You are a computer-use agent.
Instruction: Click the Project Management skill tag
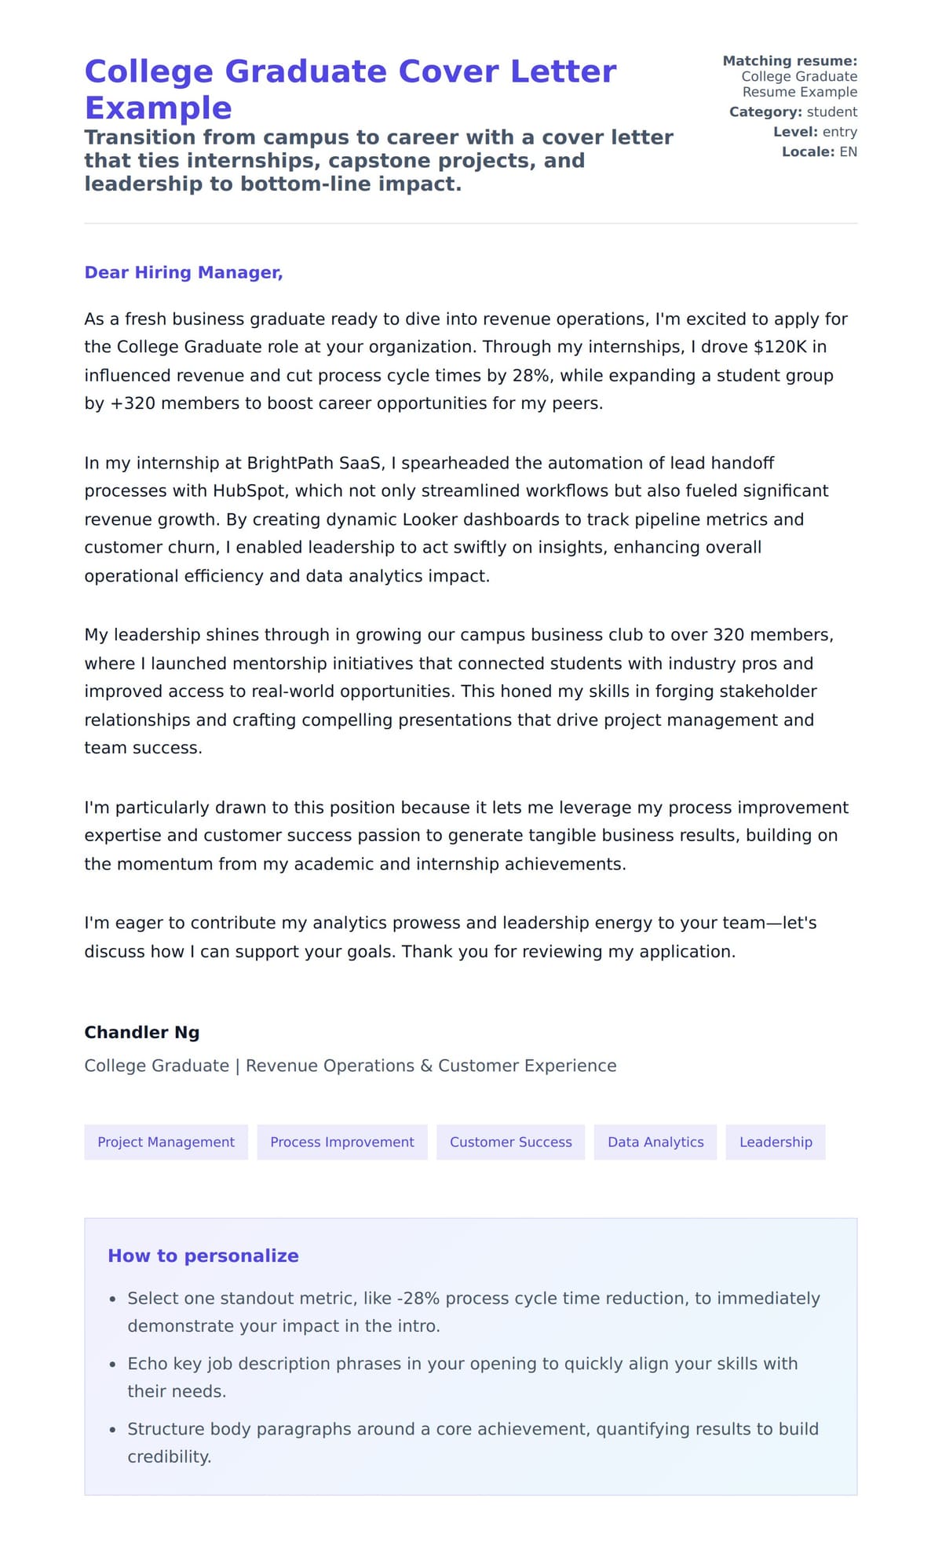166,1142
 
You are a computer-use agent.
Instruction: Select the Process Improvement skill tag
341,1142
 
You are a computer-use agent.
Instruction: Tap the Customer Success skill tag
510,1142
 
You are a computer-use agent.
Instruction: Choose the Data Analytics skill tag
655,1142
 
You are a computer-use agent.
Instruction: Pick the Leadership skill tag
776,1142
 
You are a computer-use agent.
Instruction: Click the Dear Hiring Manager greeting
183,272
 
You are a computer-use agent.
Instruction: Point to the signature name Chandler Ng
141,1032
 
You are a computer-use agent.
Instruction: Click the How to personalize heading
203,1256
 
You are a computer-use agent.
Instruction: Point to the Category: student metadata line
793,112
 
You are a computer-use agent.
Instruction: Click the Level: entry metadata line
815,132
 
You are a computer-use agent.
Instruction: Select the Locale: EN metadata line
819,151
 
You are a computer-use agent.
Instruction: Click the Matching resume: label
790,61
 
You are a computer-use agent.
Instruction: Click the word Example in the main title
158,108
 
